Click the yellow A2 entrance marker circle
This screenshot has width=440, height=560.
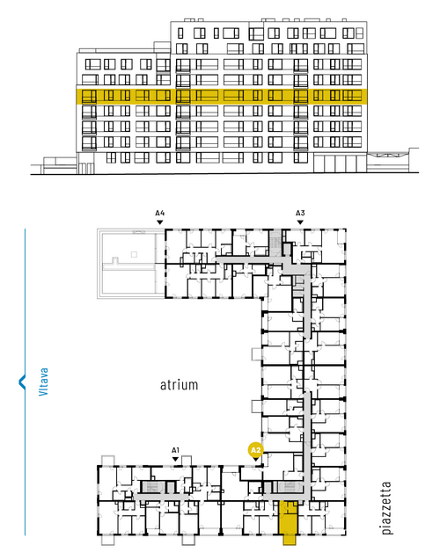(x=255, y=450)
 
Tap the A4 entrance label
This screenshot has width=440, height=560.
(x=160, y=214)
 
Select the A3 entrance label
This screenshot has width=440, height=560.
(x=300, y=214)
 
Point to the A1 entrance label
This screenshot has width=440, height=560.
(x=175, y=450)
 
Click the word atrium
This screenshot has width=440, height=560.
(x=179, y=385)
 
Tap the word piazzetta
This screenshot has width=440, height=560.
(x=386, y=508)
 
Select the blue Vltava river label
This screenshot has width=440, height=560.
(x=43, y=382)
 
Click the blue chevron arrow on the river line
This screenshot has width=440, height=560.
(x=22, y=382)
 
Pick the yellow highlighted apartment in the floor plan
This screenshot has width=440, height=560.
(x=288, y=518)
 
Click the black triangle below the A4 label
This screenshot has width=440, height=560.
(x=160, y=222)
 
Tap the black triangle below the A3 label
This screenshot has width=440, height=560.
(x=300, y=222)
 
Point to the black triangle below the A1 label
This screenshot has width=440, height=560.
(x=175, y=459)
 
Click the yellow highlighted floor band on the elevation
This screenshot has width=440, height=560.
(x=222, y=97)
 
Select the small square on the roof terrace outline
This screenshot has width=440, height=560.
(x=134, y=254)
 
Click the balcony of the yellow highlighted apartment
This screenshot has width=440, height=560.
(x=290, y=540)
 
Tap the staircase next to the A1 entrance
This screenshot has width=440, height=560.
(x=150, y=487)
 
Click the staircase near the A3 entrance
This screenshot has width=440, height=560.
(x=275, y=242)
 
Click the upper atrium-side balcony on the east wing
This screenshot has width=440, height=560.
(x=257, y=354)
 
